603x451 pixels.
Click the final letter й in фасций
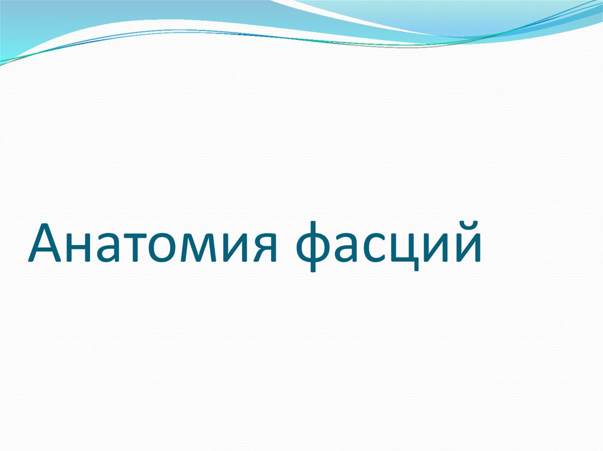[x=466, y=248]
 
